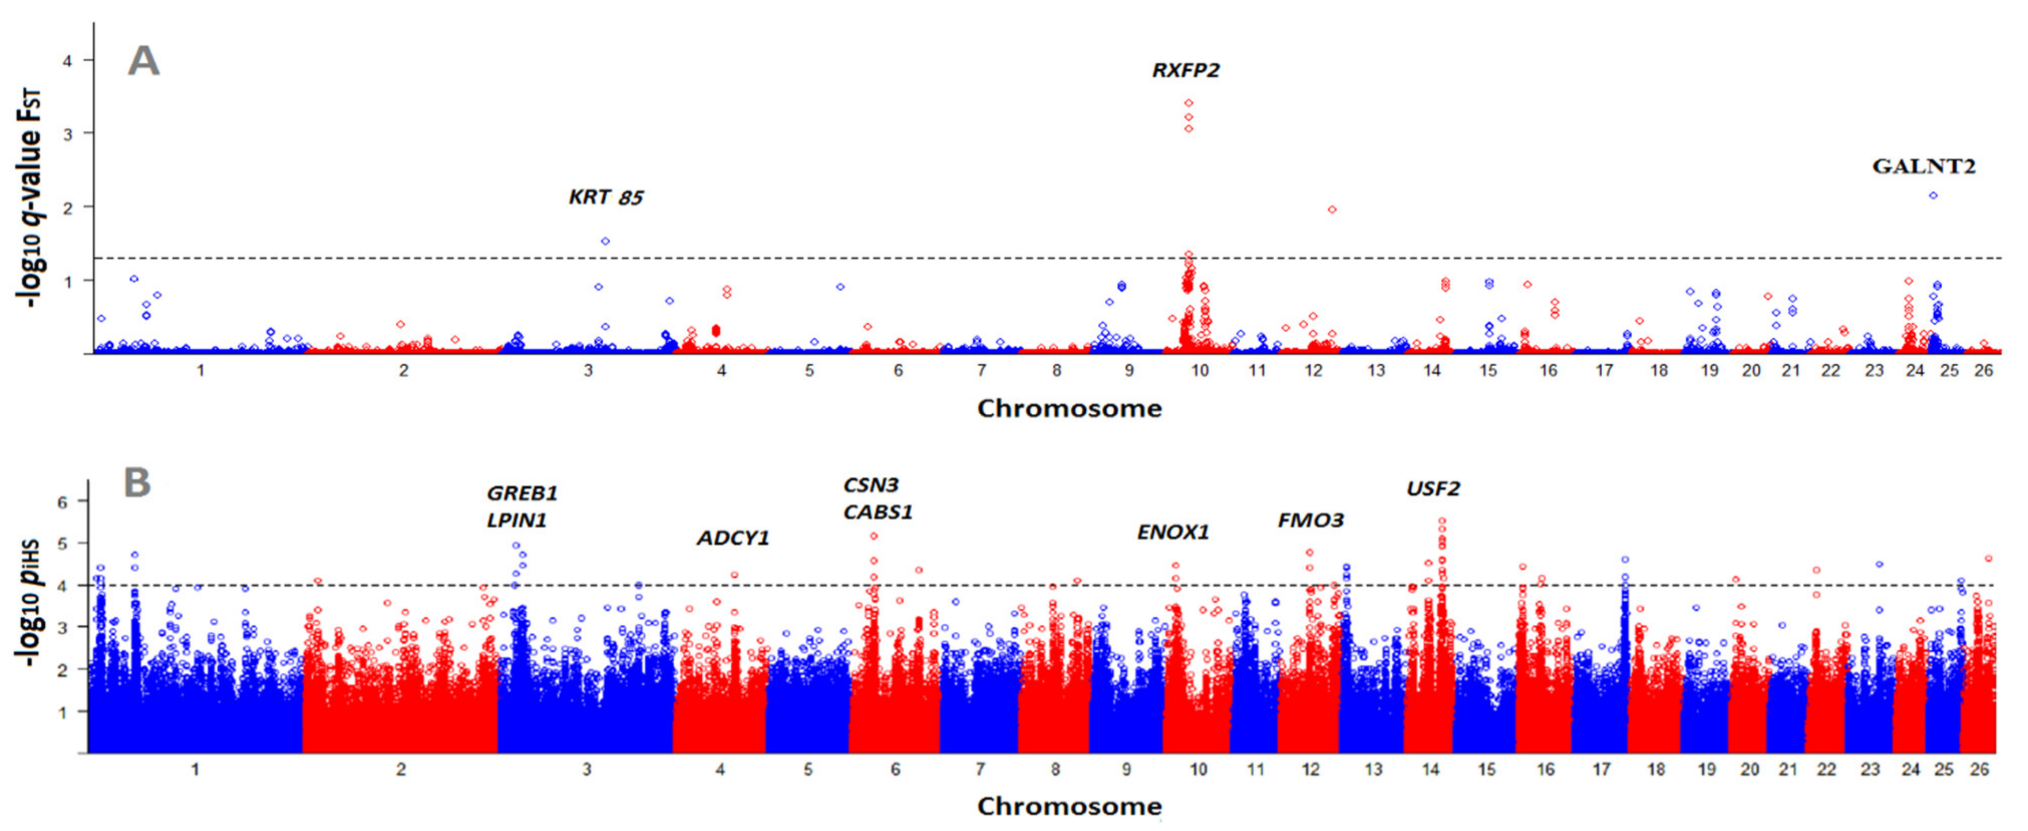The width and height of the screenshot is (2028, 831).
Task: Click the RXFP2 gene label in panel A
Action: [1186, 71]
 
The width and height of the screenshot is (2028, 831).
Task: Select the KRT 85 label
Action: [606, 197]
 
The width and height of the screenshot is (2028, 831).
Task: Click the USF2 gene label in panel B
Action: [1433, 489]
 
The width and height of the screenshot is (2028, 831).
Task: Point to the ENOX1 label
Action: [1172, 532]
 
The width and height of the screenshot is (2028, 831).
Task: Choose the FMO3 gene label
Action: [1310, 521]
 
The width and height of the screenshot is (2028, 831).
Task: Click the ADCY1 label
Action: [732, 539]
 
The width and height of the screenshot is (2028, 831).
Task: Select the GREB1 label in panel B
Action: [522, 494]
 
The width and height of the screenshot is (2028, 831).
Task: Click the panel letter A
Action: [143, 61]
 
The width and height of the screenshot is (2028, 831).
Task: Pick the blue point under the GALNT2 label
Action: [1933, 195]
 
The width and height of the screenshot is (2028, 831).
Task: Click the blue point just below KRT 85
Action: [605, 241]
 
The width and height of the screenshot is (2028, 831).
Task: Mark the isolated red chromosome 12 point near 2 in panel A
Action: [1332, 210]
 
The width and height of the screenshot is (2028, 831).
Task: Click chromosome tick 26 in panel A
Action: [1983, 370]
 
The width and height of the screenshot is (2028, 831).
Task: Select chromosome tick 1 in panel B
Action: [195, 770]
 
